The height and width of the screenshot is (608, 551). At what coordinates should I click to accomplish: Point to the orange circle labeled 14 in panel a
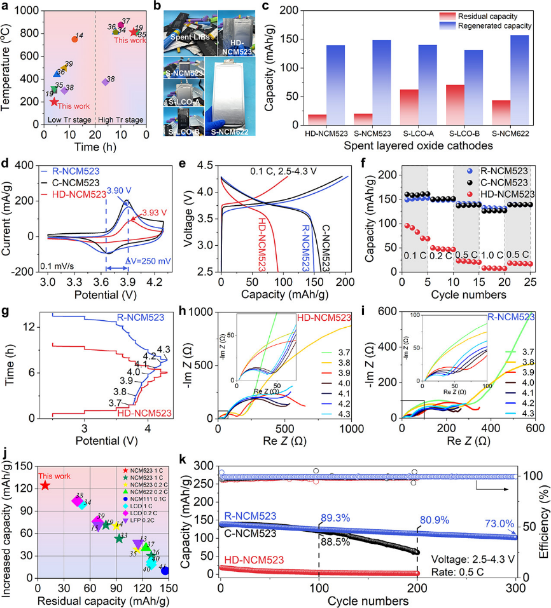coord(74,39)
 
